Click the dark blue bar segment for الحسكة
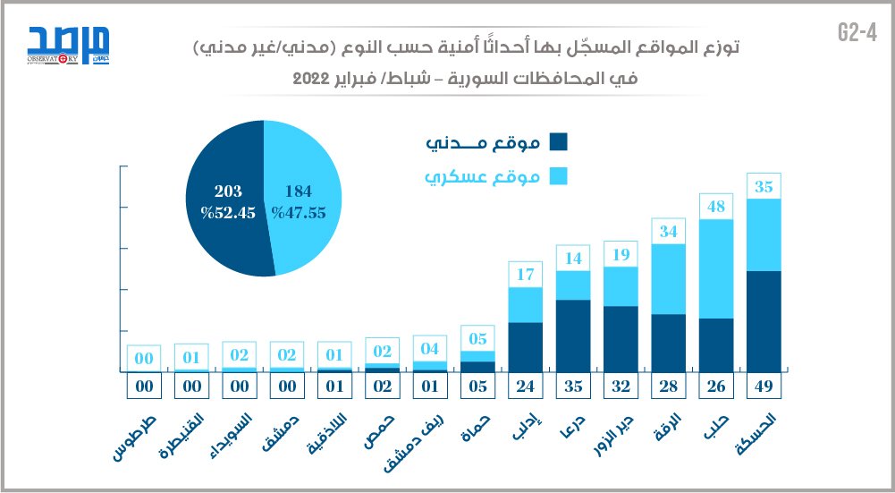(x=764, y=320)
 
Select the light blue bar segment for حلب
(x=716, y=268)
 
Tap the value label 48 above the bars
(x=716, y=207)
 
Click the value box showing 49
(x=764, y=387)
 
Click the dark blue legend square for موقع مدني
(x=559, y=142)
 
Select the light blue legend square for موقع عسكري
(x=559, y=176)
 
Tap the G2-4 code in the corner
(x=856, y=32)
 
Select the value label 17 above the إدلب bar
(x=526, y=275)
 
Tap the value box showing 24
(x=526, y=387)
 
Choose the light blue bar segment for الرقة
(x=669, y=279)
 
